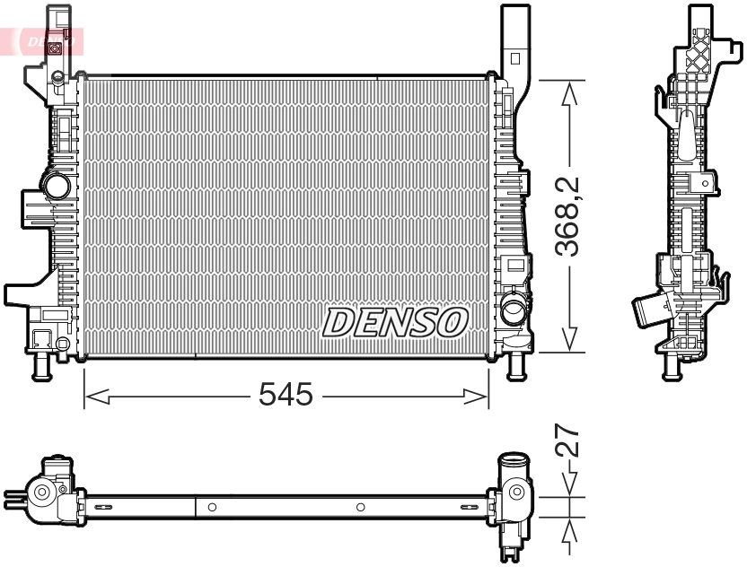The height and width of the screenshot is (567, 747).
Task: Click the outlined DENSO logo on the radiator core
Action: tap(395, 322)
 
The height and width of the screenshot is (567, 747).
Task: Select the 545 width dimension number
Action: tap(286, 394)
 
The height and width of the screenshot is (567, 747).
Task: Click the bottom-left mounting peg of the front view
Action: tap(40, 367)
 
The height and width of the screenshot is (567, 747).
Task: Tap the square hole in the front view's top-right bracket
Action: tap(514, 58)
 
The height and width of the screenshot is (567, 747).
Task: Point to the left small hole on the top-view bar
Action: tap(212, 507)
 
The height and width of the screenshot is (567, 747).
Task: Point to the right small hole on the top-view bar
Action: tap(360, 507)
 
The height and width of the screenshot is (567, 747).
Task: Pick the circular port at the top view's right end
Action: tap(515, 492)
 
